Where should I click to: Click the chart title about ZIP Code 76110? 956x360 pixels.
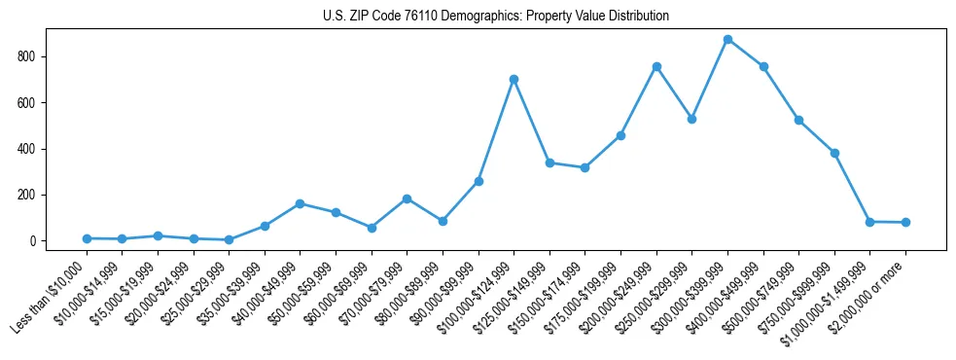[x=495, y=16]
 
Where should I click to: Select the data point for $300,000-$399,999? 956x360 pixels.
[x=727, y=40]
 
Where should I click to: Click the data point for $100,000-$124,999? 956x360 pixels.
[x=513, y=79]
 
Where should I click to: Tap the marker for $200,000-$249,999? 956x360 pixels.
[x=656, y=66]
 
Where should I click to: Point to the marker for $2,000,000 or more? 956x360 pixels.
[x=905, y=222]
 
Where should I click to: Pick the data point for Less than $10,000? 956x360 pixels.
[x=87, y=238]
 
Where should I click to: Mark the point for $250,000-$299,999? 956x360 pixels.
[x=691, y=119]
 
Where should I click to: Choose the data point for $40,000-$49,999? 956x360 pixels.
[x=300, y=203]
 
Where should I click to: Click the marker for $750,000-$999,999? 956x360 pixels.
[x=834, y=153]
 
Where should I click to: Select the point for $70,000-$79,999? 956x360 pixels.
[x=407, y=198]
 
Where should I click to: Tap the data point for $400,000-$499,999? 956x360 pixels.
[x=763, y=66]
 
